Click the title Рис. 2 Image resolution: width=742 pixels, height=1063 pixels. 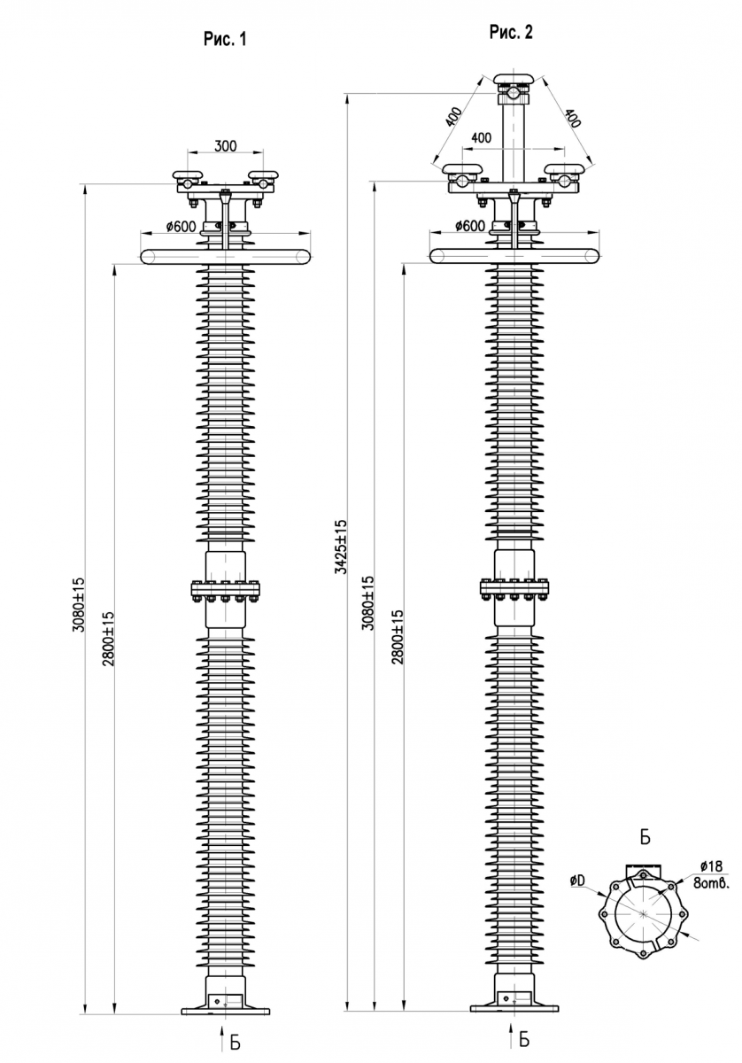[x=512, y=33]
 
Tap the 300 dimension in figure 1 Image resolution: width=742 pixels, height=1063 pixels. [x=226, y=147]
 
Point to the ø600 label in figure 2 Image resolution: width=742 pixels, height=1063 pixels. [x=469, y=226]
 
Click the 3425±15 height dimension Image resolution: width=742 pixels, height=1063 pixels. [x=341, y=547]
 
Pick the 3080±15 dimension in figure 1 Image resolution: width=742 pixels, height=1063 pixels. [x=78, y=602]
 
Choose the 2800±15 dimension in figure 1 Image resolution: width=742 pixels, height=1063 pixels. [x=108, y=638]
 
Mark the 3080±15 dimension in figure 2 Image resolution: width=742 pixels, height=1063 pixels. [x=368, y=602]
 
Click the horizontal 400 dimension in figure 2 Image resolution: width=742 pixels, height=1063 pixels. [x=482, y=138]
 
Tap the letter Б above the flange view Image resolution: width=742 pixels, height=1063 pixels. [x=645, y=835]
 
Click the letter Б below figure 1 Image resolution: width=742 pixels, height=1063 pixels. [x=236, y=1042]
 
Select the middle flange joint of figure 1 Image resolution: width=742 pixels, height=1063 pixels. [x=226, y=589]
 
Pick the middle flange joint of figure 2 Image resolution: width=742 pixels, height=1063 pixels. [x=514, y=586]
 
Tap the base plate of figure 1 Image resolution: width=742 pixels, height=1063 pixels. [x=225, y=1009]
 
